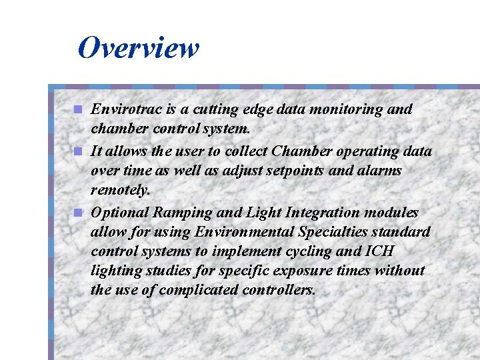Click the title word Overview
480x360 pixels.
click(x=138, y=48)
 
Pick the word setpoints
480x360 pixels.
click(x=295, y=171)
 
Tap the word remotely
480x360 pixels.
click(x=121, y=190)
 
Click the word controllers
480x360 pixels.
click(x=280, y=290)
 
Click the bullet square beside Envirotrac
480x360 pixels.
click(x=79, y=109)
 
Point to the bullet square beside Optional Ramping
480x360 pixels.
click(x=79, y=213)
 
